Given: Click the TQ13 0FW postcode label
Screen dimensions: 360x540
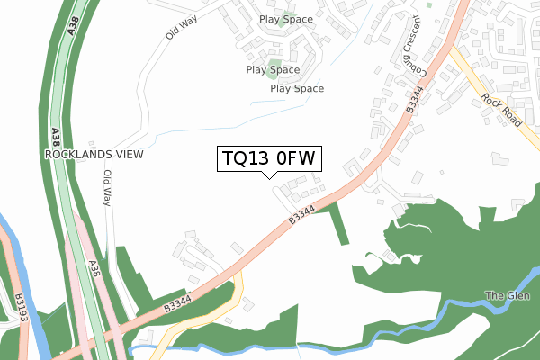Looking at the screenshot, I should tap(269, 158).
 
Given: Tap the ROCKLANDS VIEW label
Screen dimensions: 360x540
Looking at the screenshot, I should tap(94, 155).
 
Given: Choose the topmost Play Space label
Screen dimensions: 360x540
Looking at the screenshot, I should tap(286, 19).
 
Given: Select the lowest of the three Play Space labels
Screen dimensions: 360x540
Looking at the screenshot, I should tap(297, 89).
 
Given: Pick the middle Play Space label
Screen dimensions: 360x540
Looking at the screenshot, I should tap(273, 69).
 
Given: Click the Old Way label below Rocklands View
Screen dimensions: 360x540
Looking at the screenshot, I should tap(107, 188).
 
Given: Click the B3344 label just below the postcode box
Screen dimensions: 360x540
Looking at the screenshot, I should tap(302, 215).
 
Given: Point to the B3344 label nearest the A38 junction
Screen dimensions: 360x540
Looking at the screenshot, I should tap(177, 301).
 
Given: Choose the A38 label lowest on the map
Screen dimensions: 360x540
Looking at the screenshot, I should tap(94, 269).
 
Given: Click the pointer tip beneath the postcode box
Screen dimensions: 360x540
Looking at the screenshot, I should tap(269, 176).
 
